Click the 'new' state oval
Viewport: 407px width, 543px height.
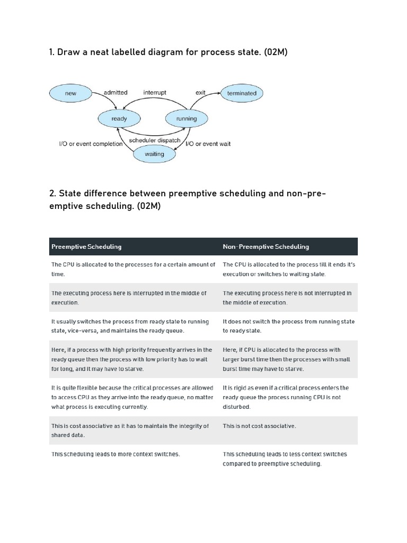pos(70,93)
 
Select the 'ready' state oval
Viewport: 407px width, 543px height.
pos(119,119)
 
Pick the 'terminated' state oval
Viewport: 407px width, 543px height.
pos(241,93)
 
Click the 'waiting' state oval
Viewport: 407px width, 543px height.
pos(154,154)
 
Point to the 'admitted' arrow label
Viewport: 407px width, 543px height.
pos(116,92)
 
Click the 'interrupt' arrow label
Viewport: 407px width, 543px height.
pos(155,92)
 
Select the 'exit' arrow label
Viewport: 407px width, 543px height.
pos(200,92)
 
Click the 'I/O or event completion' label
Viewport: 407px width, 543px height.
pos(91,144)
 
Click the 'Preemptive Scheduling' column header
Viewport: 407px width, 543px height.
pos(86,247)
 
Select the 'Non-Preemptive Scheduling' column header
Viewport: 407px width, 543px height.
pos(266,247)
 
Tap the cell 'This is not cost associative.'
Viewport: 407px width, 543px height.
pos(260,426)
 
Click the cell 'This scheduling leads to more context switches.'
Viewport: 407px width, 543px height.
pos(116,454)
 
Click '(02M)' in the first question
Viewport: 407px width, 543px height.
pos(274,52)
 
